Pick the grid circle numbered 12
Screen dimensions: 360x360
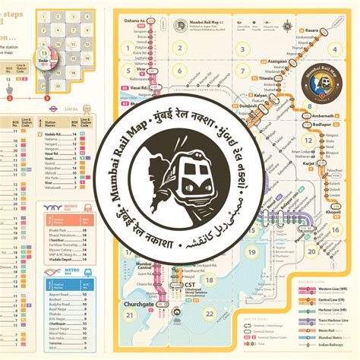click(x=309, y=141)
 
